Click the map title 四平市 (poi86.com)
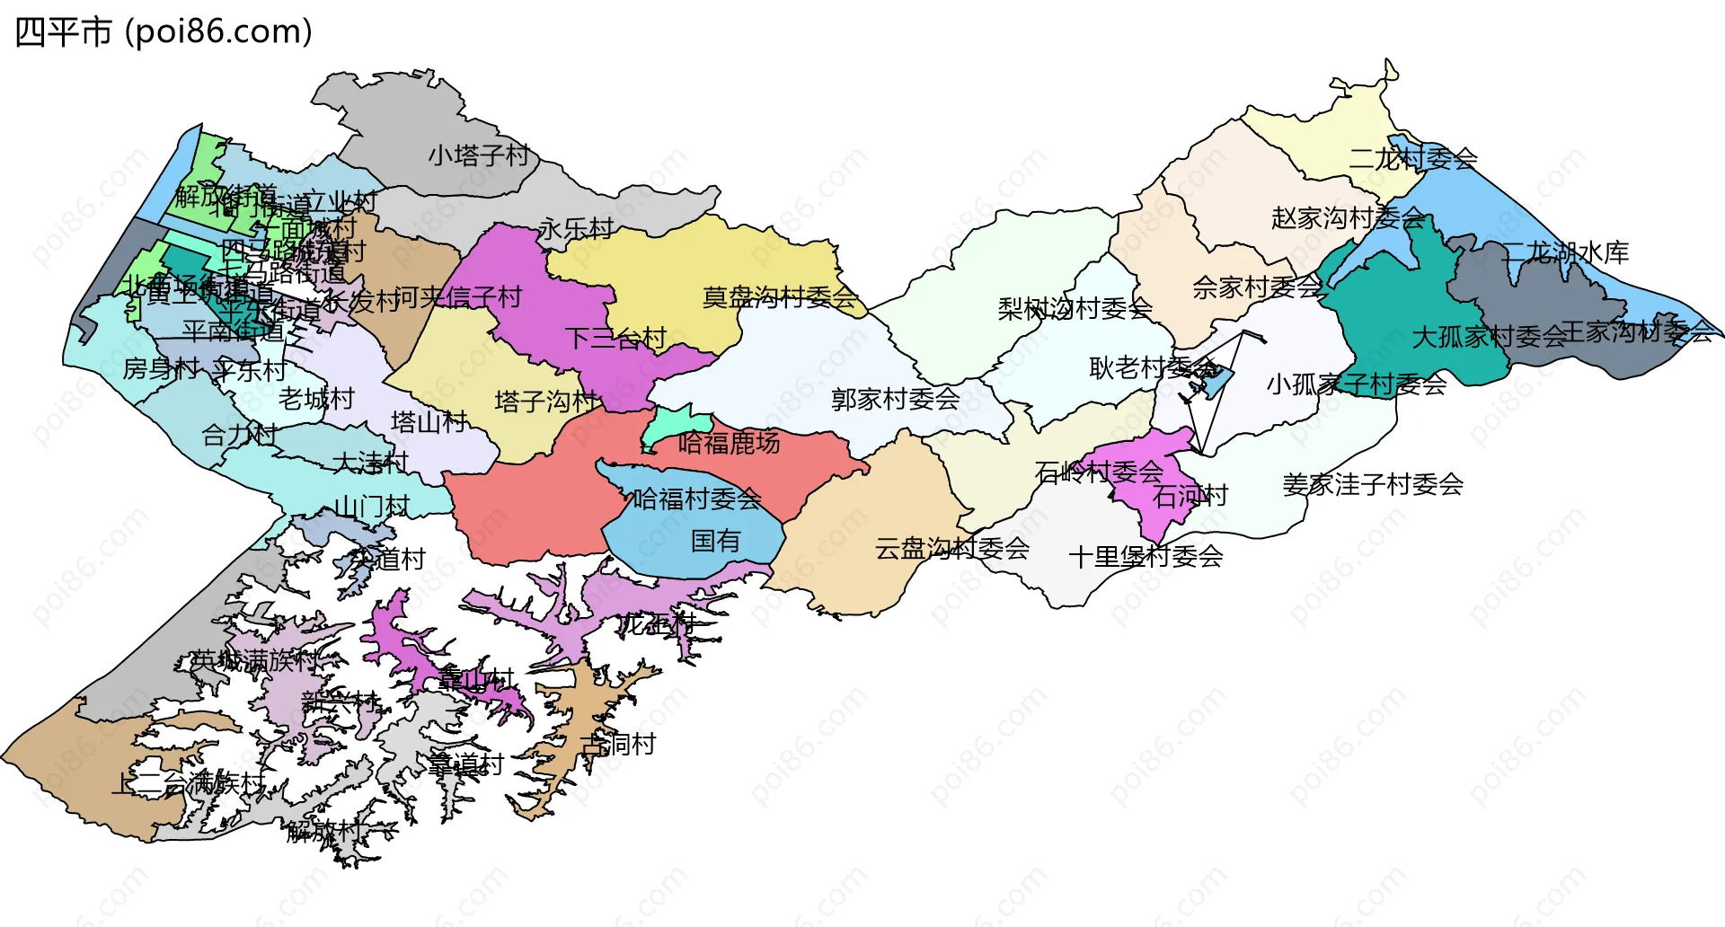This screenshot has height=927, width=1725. coord(164,32)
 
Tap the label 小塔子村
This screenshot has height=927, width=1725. coord(478,155)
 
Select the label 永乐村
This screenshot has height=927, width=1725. coord(575,229)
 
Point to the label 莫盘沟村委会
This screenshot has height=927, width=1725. coord(779,297)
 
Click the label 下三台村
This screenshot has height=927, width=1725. coord(615,339)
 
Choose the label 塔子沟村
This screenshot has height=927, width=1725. coord(545,402)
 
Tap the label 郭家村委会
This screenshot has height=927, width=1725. coord(895,399)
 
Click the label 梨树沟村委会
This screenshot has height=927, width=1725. coord(1075,309)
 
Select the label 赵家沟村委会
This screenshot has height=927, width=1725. coord(1348,218)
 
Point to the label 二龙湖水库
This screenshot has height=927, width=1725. coord(1565,252)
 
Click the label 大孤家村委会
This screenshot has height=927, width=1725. coord(1489,338)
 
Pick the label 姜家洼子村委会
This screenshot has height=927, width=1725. coord(1372,485)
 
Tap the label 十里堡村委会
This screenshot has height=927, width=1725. coord(1146,557)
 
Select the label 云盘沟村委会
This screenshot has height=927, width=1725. coord(951,548)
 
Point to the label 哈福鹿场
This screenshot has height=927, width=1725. coord(729,443)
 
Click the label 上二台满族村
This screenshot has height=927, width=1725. coord(188,783)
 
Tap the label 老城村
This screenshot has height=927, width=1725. coord(316,399)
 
